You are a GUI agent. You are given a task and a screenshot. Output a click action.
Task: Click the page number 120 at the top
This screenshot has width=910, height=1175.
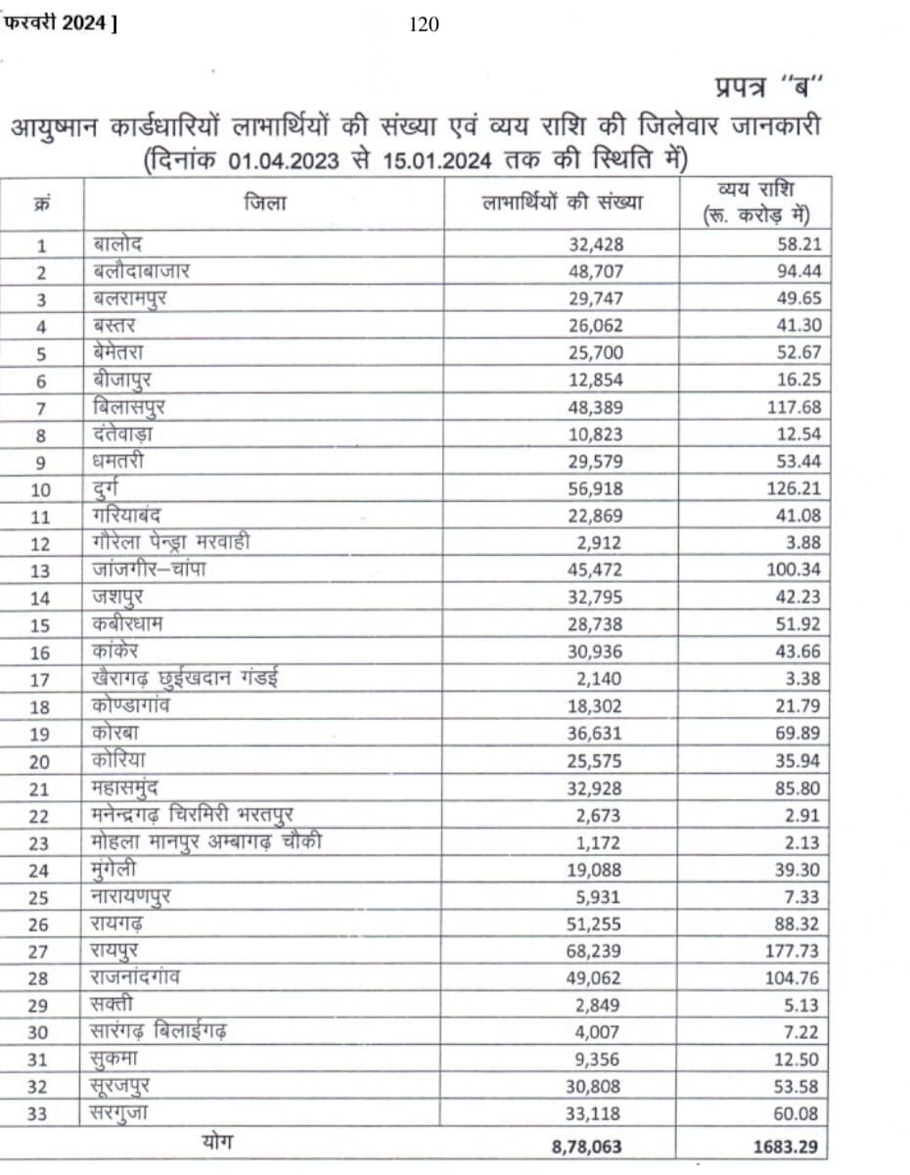pos(424,25)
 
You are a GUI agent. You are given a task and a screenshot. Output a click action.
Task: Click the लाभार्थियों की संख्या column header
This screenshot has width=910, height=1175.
pos(563,203)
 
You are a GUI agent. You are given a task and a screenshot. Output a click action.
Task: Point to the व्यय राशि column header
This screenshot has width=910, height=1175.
pos(753,203)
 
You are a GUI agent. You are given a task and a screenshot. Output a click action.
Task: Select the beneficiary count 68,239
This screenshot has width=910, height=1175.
pos(593,950)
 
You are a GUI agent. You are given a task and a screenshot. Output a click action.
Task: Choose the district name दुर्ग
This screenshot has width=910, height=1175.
pos(111,487)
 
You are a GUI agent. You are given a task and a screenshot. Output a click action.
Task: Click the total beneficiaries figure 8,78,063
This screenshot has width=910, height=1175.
pos(584,1146)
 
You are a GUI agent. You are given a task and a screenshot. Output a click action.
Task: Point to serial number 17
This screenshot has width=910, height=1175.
pos(42,678)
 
